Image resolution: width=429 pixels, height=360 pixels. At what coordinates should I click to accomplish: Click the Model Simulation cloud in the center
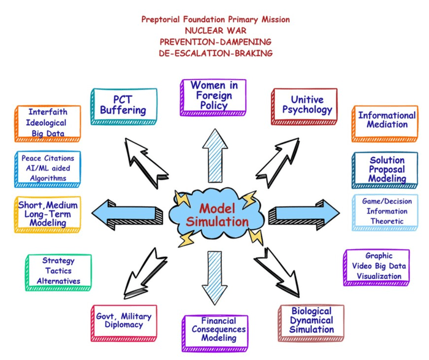tap(214, 214)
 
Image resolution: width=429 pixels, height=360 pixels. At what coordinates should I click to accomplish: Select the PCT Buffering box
tap(121, 106)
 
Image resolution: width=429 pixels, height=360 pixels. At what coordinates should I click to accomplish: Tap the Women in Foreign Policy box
tap(213, 96)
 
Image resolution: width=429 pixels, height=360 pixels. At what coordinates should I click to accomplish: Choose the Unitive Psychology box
tap(304, 106)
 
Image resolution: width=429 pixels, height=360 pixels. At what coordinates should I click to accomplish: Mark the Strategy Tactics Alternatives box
tap(58, 272)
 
